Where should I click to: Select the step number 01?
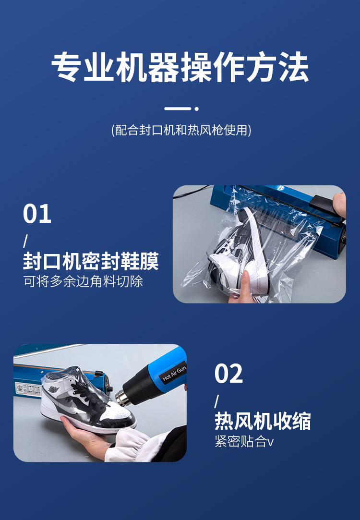pyautogui.click(x=37, y=214)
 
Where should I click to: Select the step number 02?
pyautogui.click(x=228, y=374)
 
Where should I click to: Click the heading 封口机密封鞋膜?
pyautogui.click(x=91, y=262)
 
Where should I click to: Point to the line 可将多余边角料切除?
pyautogui.click(x=83, y=281)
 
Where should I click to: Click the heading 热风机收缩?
pyautogui.click(x=263, y=421)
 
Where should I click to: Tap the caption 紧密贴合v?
pyautogui.click(x=244, y=441)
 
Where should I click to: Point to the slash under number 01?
pyautogui.click(x=25, y=241)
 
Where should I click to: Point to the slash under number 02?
pyautogui.click(x=216, y=400)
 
